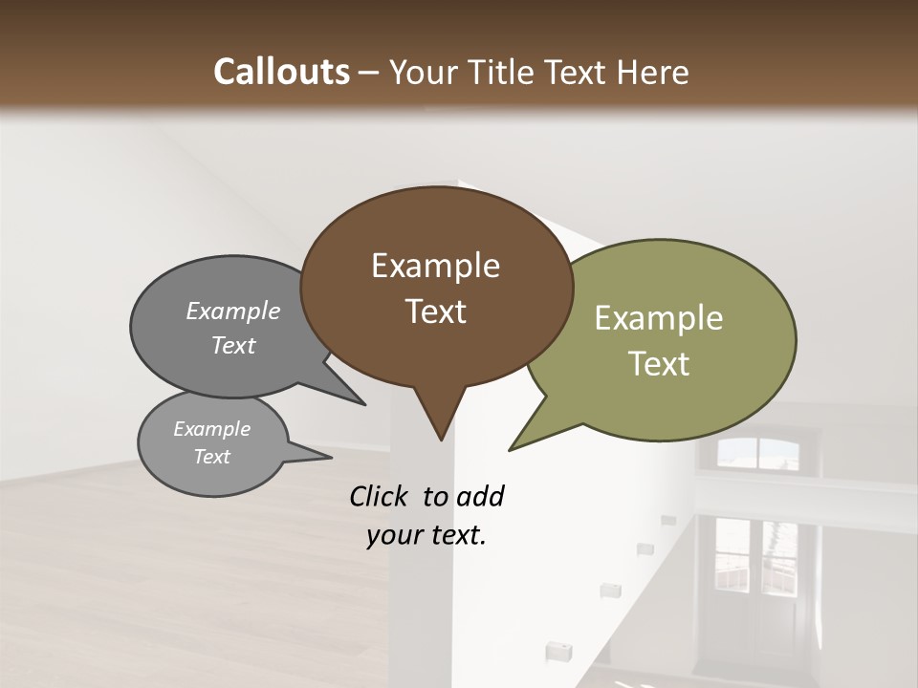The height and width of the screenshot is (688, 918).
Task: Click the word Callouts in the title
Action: (281, 72)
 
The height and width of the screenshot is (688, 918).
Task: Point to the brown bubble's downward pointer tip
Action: (440, 440)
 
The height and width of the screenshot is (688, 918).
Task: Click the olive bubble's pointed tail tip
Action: (510, 449)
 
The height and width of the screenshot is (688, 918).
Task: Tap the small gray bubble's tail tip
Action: (331, 458)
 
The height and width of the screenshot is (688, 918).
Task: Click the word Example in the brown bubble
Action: (435, 266)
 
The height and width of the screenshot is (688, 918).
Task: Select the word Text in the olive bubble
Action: (659, 364)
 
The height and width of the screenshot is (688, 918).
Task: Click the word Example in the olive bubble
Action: (659, 318)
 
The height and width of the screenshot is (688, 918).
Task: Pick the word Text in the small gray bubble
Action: (212, 457)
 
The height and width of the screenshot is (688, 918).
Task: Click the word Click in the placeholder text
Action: (380, 496)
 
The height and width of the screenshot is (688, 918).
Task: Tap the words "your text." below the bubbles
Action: (426, 536)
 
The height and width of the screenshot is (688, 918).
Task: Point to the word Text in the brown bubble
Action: (436, 312)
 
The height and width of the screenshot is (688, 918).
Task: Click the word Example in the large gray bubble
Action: (233, 312)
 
